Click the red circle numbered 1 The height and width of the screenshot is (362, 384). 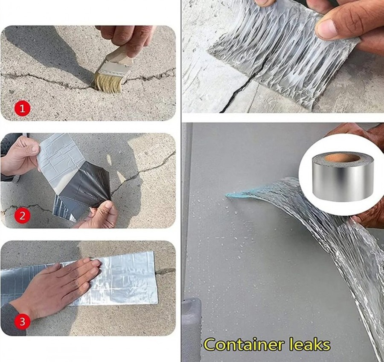[x=22, y=108]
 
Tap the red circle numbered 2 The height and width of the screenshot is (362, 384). [x=22, y=216]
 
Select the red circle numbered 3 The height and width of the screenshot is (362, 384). [x=22, y=321]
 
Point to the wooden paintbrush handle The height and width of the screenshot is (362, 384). [x=120, y=55]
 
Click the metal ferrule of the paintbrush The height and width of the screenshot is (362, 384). [x=113, y=70]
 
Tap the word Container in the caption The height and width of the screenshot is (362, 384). [x=245, y=345]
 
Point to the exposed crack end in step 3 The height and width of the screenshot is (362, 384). [x=165, y=271]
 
